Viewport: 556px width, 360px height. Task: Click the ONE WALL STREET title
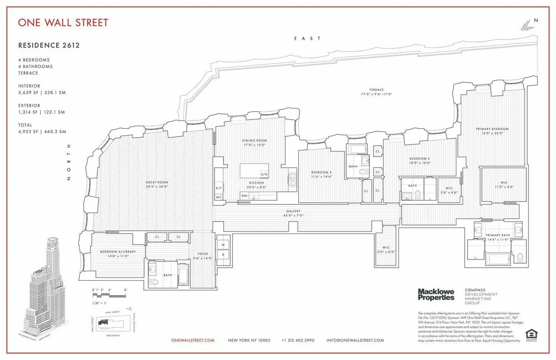coord(63,22)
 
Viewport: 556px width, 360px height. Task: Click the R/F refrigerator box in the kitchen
coord(219,188)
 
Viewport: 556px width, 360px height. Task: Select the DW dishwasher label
coord(244,196)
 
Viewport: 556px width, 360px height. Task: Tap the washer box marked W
coord(222,244)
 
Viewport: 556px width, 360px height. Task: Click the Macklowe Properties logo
coord(436,294)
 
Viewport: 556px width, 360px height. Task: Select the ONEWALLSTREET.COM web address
coord(193,340)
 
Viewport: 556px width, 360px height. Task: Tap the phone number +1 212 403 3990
coord(298,340)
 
